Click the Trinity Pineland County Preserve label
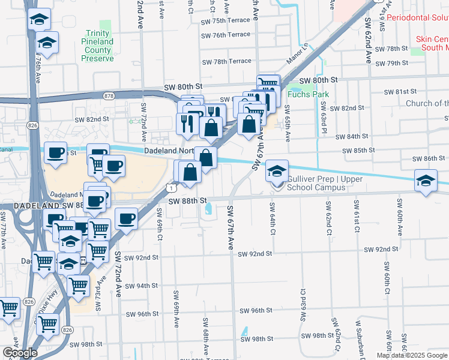point(97,46)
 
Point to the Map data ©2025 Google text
point(412,355)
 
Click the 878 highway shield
point(109,95)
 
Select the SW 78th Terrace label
point(226,61)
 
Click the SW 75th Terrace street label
point(226,20)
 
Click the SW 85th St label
point(358,150)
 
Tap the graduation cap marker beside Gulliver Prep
point(277,172)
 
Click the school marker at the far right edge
point(426,181)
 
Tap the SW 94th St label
point(142,286)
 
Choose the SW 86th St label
point(429,158)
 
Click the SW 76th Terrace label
point(226,35)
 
